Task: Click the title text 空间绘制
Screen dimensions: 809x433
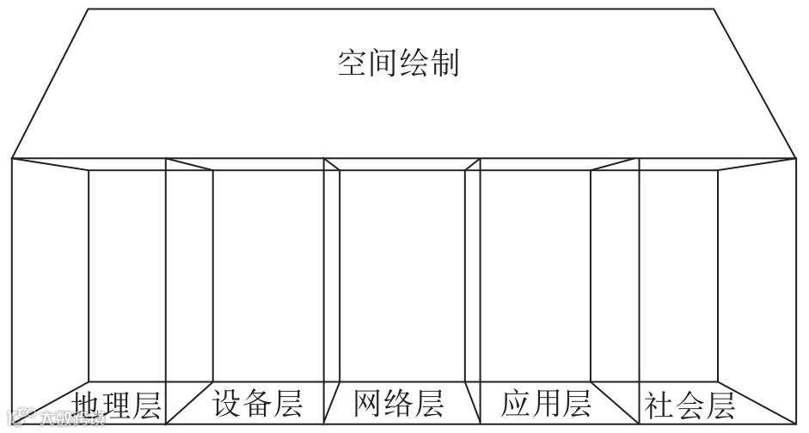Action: [x=398, y=64]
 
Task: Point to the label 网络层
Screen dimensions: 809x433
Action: [x=399, y=402]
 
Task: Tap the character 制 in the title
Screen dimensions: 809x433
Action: [x=444, y=64]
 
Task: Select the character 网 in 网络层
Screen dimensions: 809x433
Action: [x=369, y=402]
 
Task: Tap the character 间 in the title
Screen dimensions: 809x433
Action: [x=383, y=64]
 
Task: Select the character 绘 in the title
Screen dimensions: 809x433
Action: [x=414, y=64]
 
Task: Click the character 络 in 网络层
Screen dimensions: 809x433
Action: [x=399, y=402]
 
